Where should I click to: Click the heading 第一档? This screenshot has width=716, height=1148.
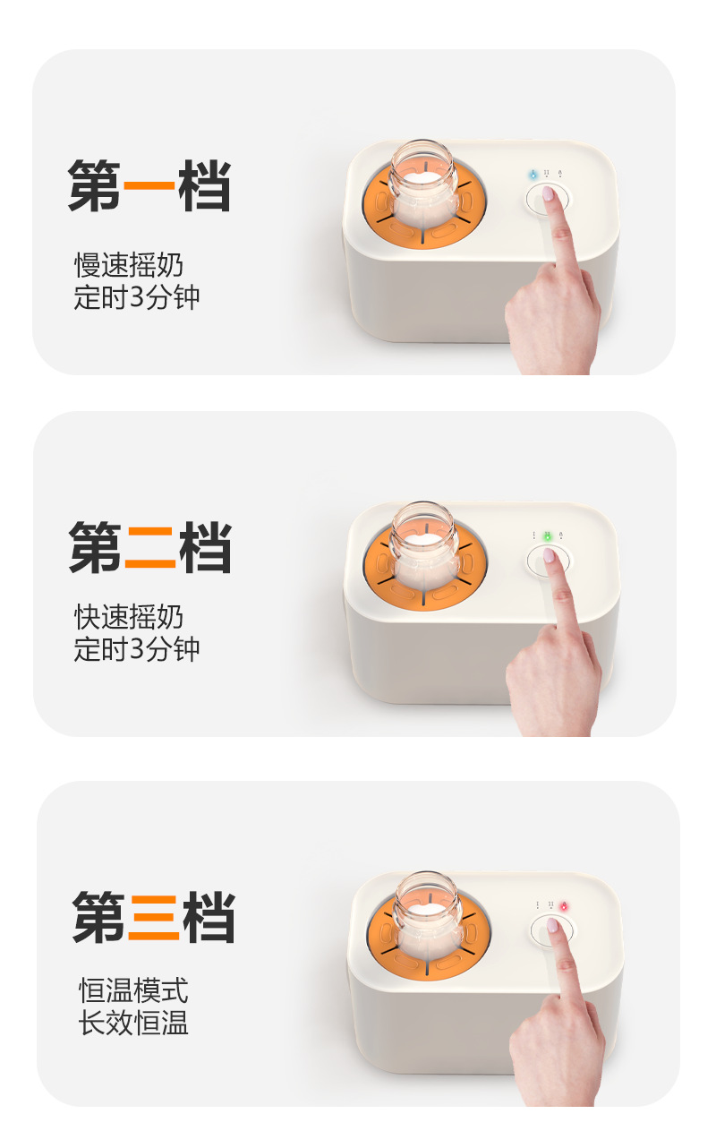click(149, 186)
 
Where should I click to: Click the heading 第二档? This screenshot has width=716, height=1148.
click(149, 547)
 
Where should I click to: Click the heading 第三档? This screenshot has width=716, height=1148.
click(153, 917)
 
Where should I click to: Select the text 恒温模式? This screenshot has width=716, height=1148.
click(133, 991)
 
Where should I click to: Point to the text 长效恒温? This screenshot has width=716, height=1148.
click(133, 1024)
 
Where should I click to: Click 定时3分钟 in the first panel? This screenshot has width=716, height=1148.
click(136, 297)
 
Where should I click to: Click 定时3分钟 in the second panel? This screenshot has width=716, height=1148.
click(136, 649)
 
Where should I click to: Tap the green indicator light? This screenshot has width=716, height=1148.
click(547, 535)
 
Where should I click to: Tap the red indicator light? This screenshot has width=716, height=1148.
click(565, 907)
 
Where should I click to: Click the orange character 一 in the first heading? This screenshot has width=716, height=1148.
click(149, 187)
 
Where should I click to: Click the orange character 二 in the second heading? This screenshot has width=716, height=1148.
click(149, 548)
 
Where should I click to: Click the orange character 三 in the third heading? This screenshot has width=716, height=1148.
click(153, 918)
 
